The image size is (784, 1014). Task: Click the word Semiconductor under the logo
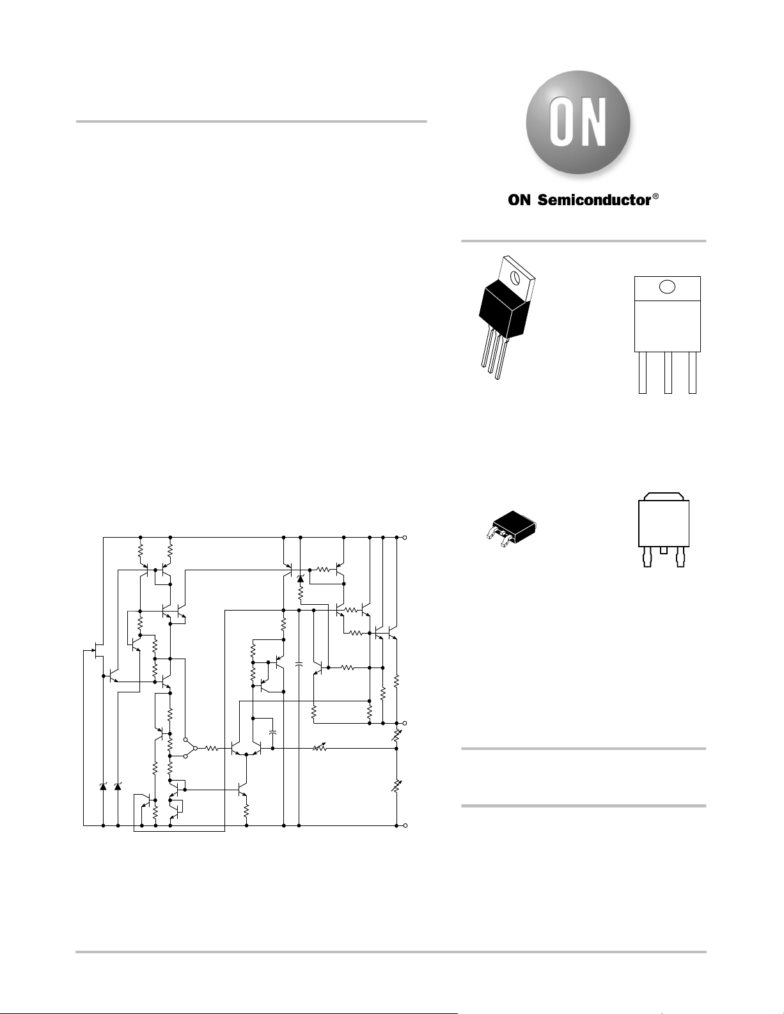(594, 200)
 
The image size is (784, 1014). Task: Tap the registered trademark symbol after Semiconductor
(655, 196)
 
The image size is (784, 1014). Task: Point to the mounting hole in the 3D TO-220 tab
(515, 277)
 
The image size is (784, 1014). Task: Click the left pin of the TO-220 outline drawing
(643, 372)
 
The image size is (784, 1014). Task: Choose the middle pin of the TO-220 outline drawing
(668, 372)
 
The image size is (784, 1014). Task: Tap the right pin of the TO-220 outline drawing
(693, 372)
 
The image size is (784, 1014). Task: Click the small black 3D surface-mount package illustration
(510, 528)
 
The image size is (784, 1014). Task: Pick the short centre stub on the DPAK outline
(664, 550)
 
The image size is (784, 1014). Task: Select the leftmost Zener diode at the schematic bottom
(103, 786)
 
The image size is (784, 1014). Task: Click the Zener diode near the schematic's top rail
(300, 579)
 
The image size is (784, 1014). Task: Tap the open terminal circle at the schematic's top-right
(405, 538)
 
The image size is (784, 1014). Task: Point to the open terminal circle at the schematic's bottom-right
(405, 825)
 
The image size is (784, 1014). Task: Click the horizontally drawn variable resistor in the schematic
(320, 748)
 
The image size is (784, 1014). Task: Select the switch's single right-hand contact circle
(195, 748)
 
